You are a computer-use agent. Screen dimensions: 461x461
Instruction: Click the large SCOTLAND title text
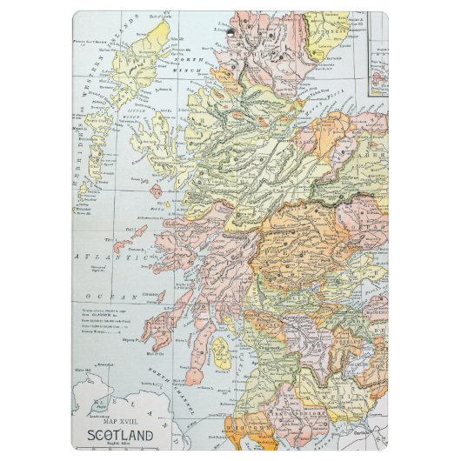119,434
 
